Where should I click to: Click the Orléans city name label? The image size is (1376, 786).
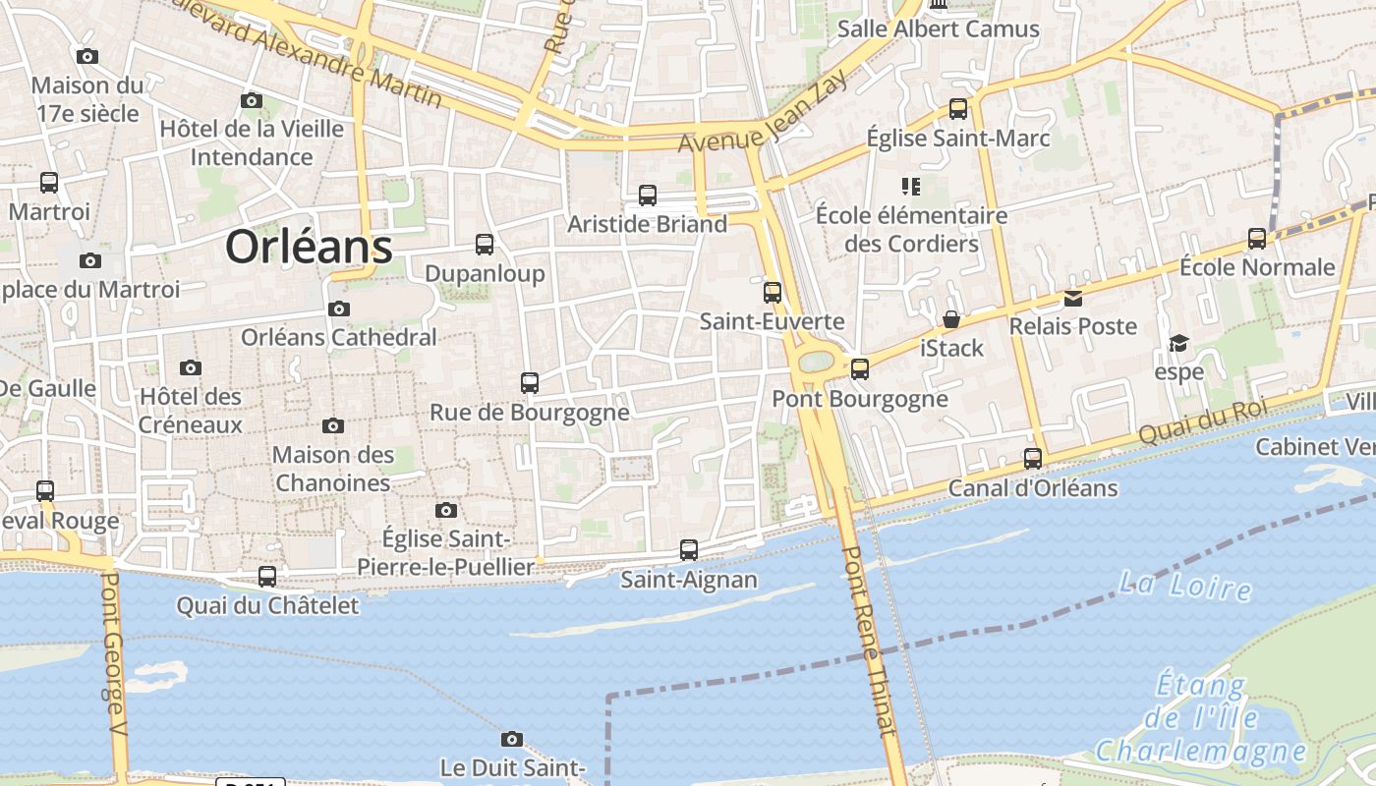pyautogui.click(x=309, y=247)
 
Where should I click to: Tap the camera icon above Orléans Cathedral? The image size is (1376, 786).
pyautogui.click(x=339, y=309)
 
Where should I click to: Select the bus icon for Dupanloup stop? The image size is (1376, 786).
pyautogui.click(x=485, y=245)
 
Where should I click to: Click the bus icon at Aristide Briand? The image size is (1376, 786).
pyautogui.click(x=648, y=196)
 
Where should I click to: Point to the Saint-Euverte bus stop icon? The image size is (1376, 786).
pyautogui.click(x=773, y=293)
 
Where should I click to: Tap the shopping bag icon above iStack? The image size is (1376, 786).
pyautogui.click(x=951, y=319)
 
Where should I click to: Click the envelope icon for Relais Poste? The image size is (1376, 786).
pyautogui.click(x=1073, y=298)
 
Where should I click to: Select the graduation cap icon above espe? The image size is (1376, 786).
pyautogui.click(x=1178, y=343)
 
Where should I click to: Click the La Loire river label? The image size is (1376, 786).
pyautogui.click(x=1185, y=586)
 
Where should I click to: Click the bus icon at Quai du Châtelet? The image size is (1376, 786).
pyautogui.click(x=267, y=577)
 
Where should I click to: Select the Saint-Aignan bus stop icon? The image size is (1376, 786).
pyautogui.click(x=689, y=550)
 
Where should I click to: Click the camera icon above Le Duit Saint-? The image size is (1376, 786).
pyautogui.click(x=512, y=739)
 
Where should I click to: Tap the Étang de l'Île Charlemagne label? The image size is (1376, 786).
pyautogui.click(x=1201, y=718)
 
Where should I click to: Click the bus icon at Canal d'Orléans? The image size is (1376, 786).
pyautogui.click(x=1033, y=459)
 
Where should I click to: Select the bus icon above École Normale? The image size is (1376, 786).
pyautogui.click(x=1257, y=239)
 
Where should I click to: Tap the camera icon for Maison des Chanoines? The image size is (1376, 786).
pyautogui.click(x=333, y=425)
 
